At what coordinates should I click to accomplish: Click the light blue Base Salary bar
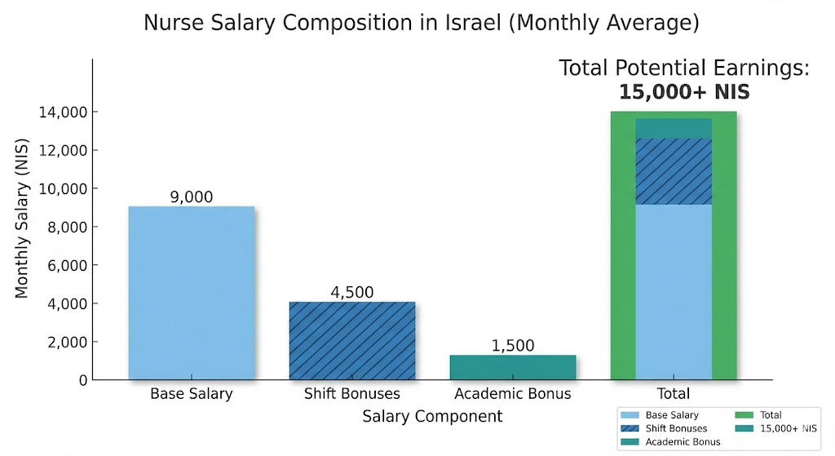pos(192,293)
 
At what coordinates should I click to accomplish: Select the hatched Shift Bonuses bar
pos(351,340)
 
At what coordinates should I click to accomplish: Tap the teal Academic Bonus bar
pos(512,367)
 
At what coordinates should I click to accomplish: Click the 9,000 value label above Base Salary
pos(192,197)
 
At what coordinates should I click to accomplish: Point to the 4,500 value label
pos(351,292)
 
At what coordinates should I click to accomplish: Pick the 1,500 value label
pos(512,345)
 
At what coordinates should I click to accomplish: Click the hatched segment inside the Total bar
pos(673,171)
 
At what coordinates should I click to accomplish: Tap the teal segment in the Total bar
pos(673,128)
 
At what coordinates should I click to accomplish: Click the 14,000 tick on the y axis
pos(64,112)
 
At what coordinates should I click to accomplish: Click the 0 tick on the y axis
pos(82,380)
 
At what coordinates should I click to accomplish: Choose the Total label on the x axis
pos(673,394)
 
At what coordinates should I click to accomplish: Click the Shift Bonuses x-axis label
pos(351,394)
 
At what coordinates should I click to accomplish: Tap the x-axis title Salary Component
pos(432,417)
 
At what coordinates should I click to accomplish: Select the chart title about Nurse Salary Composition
pos(421,23)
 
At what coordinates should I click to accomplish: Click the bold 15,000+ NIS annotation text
pos(683,92)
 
